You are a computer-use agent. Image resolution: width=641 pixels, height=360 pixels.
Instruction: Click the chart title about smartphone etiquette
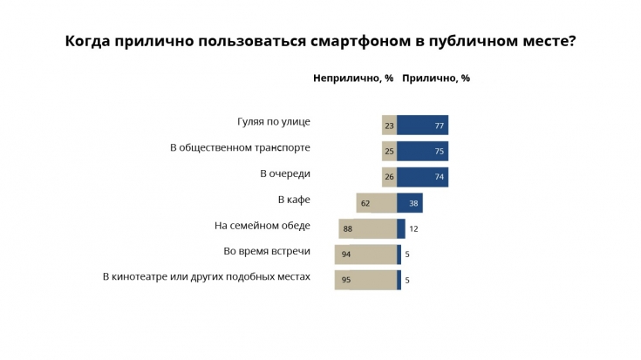(320, 41)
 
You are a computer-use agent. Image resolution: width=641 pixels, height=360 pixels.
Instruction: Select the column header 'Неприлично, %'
(353, 78)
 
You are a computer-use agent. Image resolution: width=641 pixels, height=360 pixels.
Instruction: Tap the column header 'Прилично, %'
(436, 78)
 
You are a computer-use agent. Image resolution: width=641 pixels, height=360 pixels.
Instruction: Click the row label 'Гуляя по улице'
(274, 122)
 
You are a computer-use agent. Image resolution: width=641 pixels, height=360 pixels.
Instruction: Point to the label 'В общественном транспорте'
(240, 148)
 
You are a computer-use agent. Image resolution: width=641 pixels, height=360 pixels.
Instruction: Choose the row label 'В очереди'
(285, 174)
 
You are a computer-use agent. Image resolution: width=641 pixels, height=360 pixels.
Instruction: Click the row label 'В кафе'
(294, 200)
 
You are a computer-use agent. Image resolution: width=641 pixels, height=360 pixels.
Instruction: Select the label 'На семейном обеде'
(263, 226)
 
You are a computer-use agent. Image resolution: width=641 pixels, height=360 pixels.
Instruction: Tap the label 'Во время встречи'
(267, 252)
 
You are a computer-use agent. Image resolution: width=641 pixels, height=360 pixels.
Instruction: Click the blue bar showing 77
(423, 126)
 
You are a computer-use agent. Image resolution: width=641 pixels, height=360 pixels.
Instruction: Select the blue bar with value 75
(423, 151)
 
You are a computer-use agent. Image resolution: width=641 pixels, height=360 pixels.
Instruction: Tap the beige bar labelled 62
(377, 203)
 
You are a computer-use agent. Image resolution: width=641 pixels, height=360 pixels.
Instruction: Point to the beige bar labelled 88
(368, 228)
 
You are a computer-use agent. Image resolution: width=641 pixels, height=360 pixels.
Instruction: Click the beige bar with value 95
(365, 281)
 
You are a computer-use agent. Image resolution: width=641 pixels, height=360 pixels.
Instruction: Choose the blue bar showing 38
(410, 203)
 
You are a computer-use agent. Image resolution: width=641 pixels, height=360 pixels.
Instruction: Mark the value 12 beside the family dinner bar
(414, 229)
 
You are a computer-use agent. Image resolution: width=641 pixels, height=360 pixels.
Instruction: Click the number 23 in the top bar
(389, 126)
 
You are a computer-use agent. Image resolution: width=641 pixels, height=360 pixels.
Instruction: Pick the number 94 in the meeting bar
(346, 255)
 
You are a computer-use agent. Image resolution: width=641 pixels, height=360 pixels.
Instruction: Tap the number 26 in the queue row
(389, 177)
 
